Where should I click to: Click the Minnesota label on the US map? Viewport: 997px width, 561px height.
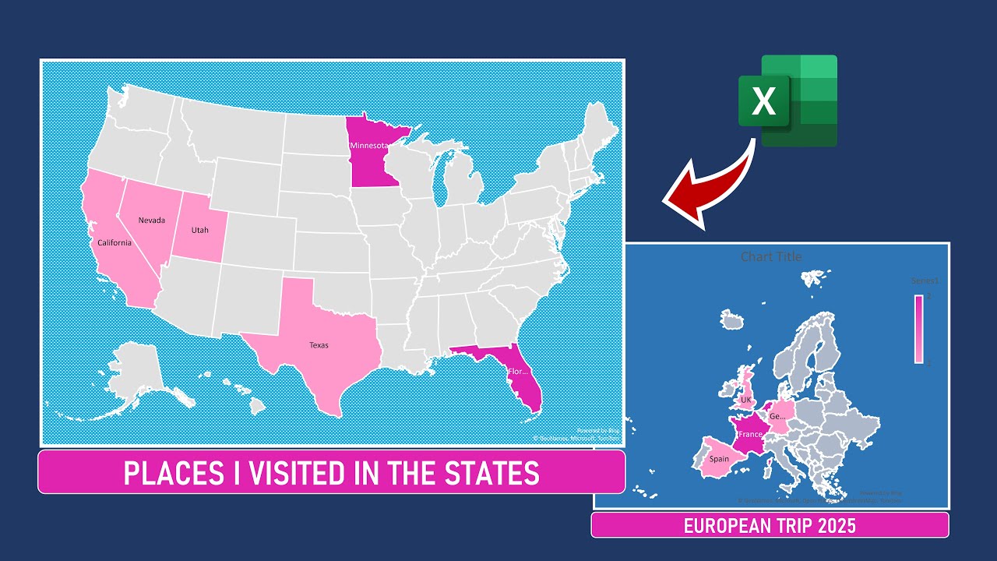pyautogui.click(x=369, y=146)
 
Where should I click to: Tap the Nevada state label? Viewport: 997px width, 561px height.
pyautogui.click(x=152, y=220)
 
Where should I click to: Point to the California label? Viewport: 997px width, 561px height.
pyautogui.click(x=114, y=242)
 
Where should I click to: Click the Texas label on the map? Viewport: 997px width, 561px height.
pyautogui.click(x=319, y=344)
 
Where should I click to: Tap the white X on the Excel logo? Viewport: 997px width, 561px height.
pyautogui.click(x=764, y=102)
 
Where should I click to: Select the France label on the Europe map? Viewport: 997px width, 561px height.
pyautogui.click(x=750, y=434)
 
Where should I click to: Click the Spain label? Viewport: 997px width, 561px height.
pyautogui.click(x=719, y=459)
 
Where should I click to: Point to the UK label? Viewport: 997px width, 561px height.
pyautogui.click(x=745, y=400)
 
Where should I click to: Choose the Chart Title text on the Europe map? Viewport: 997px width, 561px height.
pyautogui.click(x=770, y=256)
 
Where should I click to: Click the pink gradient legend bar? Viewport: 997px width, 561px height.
pyautogui.click(x=919, y=329)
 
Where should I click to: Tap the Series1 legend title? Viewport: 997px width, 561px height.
pyautogui.click(x=925, y=280)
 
